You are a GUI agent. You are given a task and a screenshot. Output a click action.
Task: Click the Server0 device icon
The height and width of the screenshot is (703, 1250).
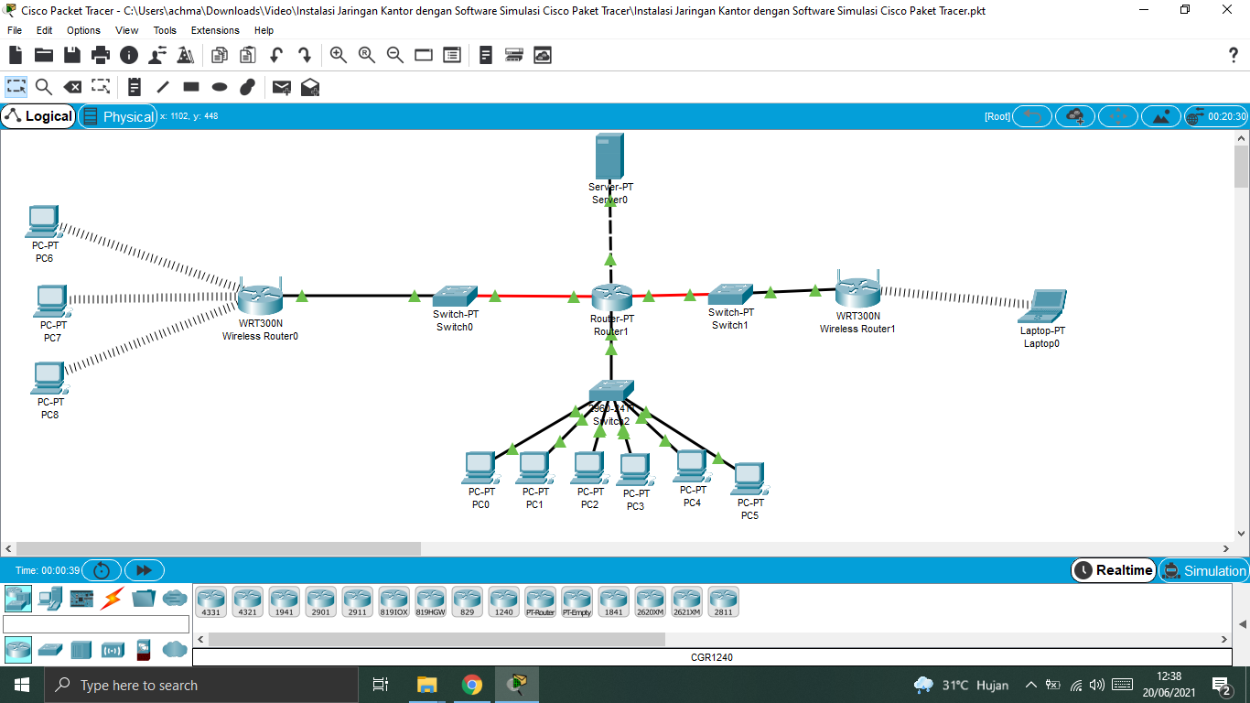coord(609,157)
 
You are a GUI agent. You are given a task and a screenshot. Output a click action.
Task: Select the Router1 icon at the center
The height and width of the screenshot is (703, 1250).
coord(611,297)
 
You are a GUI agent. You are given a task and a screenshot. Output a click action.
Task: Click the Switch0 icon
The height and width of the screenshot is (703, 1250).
coord(455,296)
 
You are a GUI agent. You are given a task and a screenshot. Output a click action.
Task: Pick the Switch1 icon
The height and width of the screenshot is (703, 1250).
coord(730,294)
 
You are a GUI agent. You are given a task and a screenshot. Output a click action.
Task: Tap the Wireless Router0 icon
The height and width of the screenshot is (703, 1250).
coord(260,298)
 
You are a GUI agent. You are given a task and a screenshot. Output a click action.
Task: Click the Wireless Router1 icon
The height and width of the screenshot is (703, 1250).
coord(857,291)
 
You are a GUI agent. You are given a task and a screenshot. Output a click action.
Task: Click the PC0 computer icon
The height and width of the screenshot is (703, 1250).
coord(480,468)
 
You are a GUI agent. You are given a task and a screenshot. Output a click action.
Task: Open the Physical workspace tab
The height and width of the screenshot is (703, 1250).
coord(118,116)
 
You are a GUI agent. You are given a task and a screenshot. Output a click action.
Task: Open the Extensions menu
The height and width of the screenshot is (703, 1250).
coord(214,30)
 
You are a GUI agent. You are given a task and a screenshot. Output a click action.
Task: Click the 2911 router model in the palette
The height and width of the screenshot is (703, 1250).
coord(357,601)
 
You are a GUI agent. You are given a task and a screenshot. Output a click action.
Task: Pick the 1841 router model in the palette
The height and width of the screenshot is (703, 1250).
coord(613,601)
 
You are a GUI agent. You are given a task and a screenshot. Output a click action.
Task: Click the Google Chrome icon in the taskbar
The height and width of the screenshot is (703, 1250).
coord(471,685)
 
